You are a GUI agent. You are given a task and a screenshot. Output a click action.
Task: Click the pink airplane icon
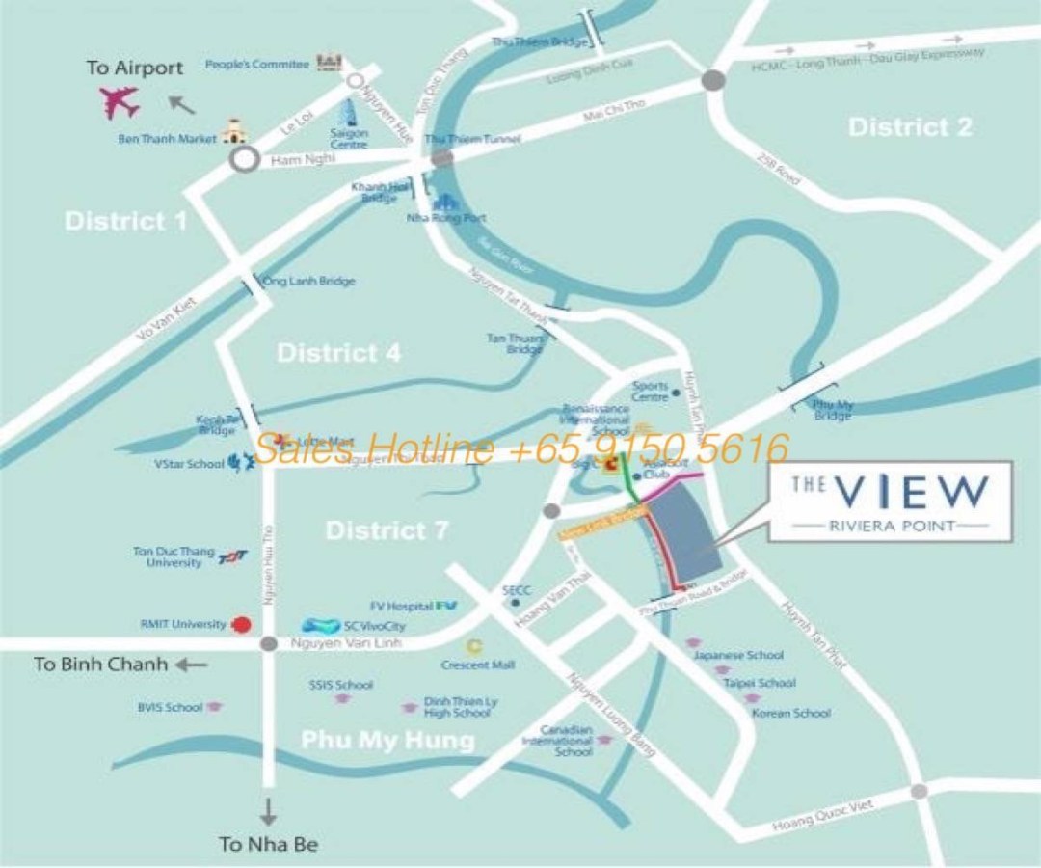[x=120, y=101]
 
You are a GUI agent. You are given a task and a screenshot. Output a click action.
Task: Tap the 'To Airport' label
[x=134, y=68]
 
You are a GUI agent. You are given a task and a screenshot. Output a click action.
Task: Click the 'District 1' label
[x=126, y=221]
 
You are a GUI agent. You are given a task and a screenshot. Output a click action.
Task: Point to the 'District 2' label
[x=910, y=126]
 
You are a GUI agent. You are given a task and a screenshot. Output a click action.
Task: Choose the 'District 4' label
[x=338, y=353]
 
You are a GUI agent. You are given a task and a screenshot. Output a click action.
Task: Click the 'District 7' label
[x=386, y=529]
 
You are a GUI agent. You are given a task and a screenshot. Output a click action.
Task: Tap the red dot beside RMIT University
[x=243, y=624]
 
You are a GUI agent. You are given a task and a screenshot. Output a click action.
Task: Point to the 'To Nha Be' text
[x=268, y=845]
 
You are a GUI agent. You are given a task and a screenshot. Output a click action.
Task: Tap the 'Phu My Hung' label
[x=387, y=740]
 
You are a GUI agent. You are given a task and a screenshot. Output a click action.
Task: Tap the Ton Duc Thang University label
[x=168, y=556]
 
